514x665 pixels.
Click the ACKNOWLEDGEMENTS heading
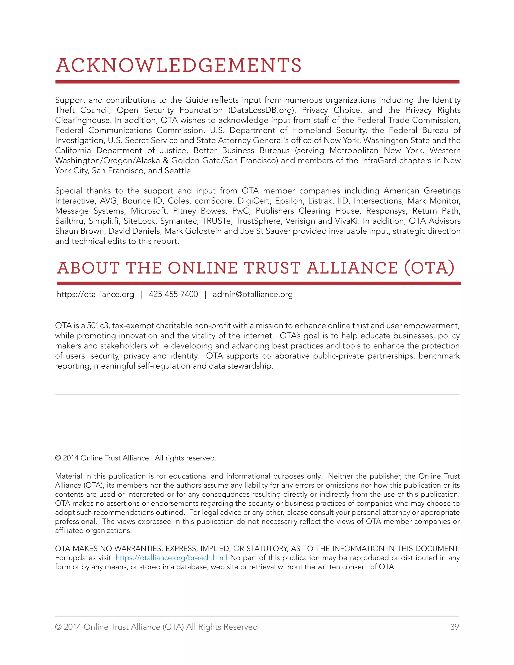pyautogui.click(x=179, y=66)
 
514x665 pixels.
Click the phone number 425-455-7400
pyautogui.click(x=173, y=294)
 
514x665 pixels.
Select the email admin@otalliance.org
pyautogui.click(x=252, y=294)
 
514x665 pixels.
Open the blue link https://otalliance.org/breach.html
pyautogui.click(x=171, y=558)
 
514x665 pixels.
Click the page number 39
pyautogui.click(x=454, y=627)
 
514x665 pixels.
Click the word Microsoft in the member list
pyautogui.click(x=149, y=211)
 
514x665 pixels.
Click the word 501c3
pyautogui.click(x=98, y=326)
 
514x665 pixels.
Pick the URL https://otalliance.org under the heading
pyautogui.click(x=96, y=294)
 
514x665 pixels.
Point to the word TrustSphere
pyautogui.click(x=258, y=221)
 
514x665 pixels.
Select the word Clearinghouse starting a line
pyautogui.click(x=83, y=120)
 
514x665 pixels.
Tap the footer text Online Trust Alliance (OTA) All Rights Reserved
pyautogui.click(x=170, y=627)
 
